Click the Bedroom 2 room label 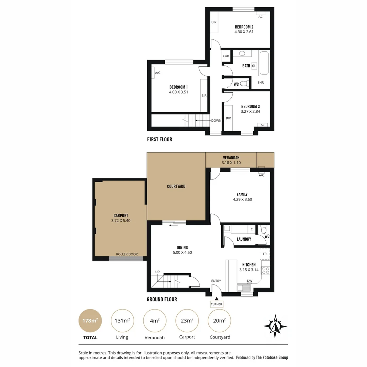tap(244, 27)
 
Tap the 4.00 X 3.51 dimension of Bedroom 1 tap(178, 92)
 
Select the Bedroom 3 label tap(250, 106)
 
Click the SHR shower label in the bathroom tap(261, 83)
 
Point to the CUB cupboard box tap(226, 56)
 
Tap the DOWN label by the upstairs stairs tap(216, 120)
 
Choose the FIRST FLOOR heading tap(159, 139)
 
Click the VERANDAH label tap(231, 158)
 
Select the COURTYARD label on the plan tap(176, 186)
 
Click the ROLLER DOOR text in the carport tap(126, 254)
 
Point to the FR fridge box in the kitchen tap(265, 254)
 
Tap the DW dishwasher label tap(249, 281)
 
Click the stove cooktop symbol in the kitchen tap(265, 270)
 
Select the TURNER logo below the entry tap(216, 304)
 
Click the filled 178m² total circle tap(90, 320)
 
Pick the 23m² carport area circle tap(187, 320)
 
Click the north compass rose tap(275, 326)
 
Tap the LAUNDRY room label tap(244, 239)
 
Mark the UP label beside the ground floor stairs tap(157, 272)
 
